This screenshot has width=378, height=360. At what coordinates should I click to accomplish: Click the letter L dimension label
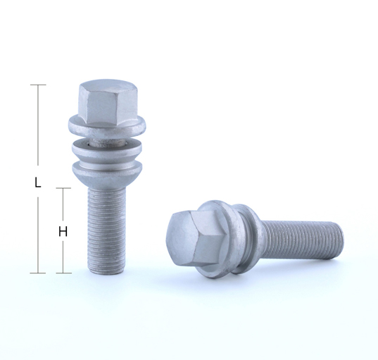37,182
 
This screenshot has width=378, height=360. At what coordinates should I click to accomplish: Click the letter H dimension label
63,232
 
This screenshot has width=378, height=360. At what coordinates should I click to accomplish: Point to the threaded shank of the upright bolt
106,229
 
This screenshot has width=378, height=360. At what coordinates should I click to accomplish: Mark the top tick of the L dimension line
38,85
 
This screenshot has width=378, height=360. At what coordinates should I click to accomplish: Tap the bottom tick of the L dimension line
38,273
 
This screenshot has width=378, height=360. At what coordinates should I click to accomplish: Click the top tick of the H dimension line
63,188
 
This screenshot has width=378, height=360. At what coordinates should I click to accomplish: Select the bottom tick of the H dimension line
63,273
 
